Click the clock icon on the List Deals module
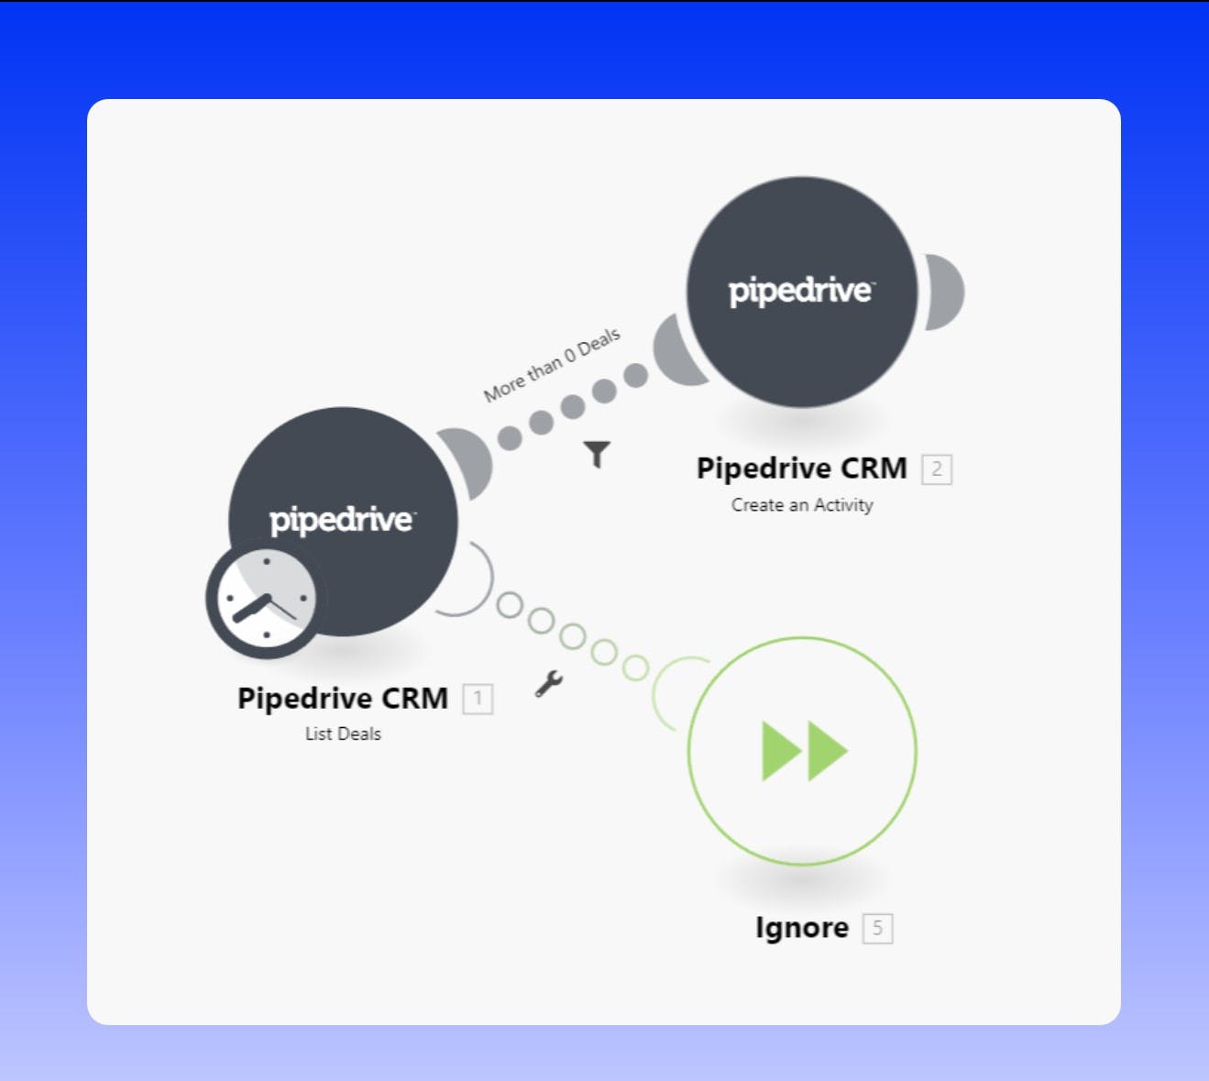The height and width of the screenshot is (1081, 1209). pyautogui.click(x=266, y=598)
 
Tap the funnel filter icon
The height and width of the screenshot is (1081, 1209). pyautogui.click(x=597, y=454)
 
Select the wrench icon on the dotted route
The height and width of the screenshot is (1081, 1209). pyautogui.click(x=549, y=684)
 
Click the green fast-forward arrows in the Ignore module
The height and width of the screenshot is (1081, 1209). pyautogui.click(x=805, y=751)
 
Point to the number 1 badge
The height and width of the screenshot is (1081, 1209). pyautogui.click(x=478, y=699)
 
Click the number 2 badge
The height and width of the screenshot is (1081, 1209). pyautogui.click(x=937, y=469)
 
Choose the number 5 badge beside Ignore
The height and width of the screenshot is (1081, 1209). pyautogui.click(x=878, y=929)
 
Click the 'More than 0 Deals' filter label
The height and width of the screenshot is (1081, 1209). pyautogui.click(x=552, y=365)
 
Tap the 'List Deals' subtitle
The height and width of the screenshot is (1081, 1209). pyautogui.click(x=343, y=734)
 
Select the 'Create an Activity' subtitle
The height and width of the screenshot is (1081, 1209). pyautogui.click(x=802, y=505)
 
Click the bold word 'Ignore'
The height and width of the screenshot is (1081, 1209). pyautogui.click(x=802, y=928)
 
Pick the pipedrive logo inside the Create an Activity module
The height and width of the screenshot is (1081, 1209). pyautogui.click(x=801, y=292)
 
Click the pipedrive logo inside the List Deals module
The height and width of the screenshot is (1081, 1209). pyautogui.click(x=343, y=521)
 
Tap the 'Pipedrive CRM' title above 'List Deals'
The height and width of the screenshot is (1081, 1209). pyautogui.click(x=343, y=699)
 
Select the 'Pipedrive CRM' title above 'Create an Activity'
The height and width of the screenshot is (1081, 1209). pyautogui.click(x=801, y=469)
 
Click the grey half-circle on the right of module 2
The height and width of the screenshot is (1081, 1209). pyautogui.click(x=944, y=292)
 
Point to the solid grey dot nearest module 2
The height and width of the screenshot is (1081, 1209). pyautogui.click(x=636, y=375)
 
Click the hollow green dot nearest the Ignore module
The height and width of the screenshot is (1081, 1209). pyautogui.click(x=635, y=667)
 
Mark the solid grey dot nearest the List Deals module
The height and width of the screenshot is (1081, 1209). pyautogui.click(x=510, y=438)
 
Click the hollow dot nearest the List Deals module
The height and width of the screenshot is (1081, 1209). pyautogui.click(x=510, y=604)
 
